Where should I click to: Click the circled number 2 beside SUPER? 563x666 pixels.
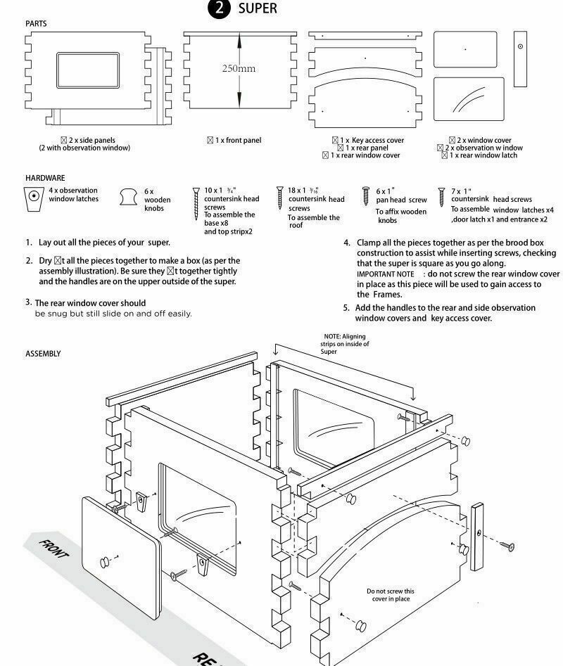pyautogui.click(x=221, y=9)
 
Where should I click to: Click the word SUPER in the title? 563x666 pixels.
pyautogui.click(x=257, y=9)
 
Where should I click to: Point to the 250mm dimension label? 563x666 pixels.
pyautogui.click(x=239, y=69)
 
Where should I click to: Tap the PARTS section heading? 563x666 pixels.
pyautogui.click(x=36, y=24)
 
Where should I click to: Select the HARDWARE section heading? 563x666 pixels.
pyautogui.click(x=44, y=179)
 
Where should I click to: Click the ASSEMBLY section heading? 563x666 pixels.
pyautogui.click(x=43, y=354)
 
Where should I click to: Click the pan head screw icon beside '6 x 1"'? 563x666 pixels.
pyautogui.click(x=366, y=196)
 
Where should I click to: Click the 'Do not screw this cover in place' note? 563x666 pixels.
pyautogui.click(x=390, y=595)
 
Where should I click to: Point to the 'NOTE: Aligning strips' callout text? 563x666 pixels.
pyautogui.click(x=345, y=344)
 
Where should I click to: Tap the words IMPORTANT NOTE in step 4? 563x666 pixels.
pyautogui.click(x=385, y=274)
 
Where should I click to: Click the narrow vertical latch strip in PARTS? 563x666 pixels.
pyautogui.click(x=520, y=59)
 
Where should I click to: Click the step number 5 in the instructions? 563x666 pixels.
pyautogui.click(x=346, y=308)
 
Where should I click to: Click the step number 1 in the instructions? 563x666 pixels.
pyautogui.click(x=29, y=243)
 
